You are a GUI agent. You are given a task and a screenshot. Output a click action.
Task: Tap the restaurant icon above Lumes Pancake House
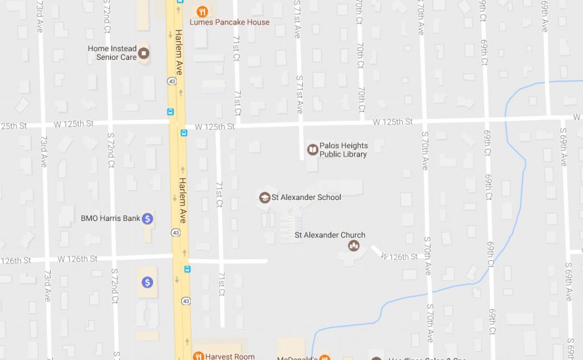pos(202,11)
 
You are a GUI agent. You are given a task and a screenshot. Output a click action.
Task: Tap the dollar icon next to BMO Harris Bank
pos(147,218)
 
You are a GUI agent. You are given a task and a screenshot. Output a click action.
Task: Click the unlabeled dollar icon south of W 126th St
pos(147,282)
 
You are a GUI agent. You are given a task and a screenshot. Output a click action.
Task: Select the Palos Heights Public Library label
pos(343,150)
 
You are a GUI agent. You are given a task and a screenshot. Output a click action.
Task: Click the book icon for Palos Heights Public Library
pos(313,150)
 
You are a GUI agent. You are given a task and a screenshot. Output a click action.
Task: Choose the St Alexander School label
pos(306,198)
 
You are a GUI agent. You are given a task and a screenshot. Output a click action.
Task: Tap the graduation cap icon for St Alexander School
pos(264,198)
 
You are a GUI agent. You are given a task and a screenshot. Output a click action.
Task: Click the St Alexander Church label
pos(330,235)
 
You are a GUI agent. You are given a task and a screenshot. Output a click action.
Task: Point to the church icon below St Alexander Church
pos(354,246)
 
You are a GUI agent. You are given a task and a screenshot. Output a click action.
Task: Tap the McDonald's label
pos(296,358)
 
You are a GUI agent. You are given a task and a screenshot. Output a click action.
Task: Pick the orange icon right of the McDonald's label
pos(324,358)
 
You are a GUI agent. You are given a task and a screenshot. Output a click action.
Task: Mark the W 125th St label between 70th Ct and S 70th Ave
pos(393,122)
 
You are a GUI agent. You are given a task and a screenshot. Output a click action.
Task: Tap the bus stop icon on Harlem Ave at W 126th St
pos(187,269)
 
